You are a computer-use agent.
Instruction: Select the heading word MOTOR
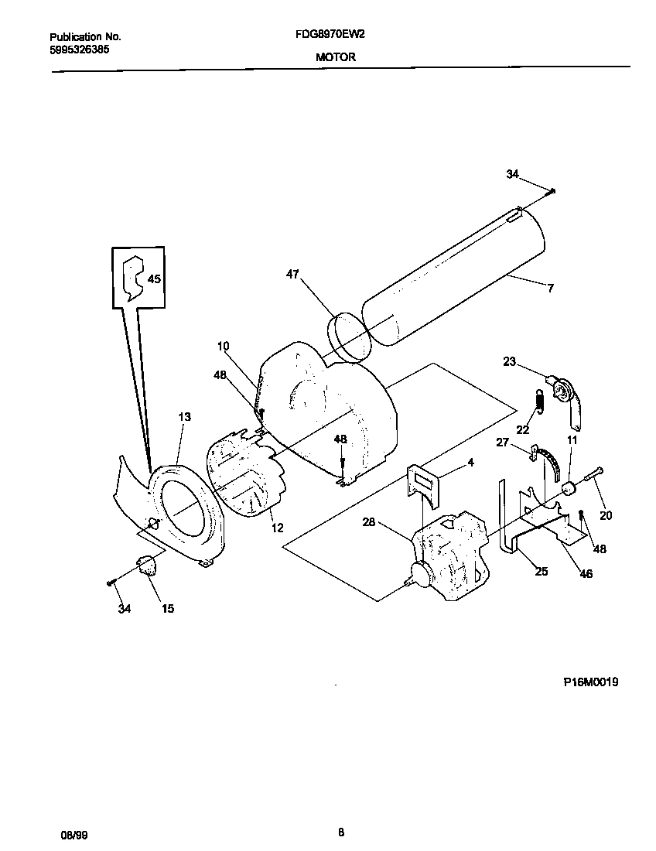tap(335, 56)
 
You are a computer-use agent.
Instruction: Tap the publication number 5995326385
tap(78, 48)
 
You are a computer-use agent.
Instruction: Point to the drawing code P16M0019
tap(590, 682)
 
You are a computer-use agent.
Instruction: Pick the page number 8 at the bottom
tap(340, 832)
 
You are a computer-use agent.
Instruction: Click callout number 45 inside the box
tap(154, 279)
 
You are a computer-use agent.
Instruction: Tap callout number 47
tap(292, 274)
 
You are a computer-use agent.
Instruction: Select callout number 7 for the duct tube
tap(550, 289)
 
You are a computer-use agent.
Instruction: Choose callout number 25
tap(541, 571)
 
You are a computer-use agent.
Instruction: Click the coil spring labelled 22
tap(539, 401)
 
